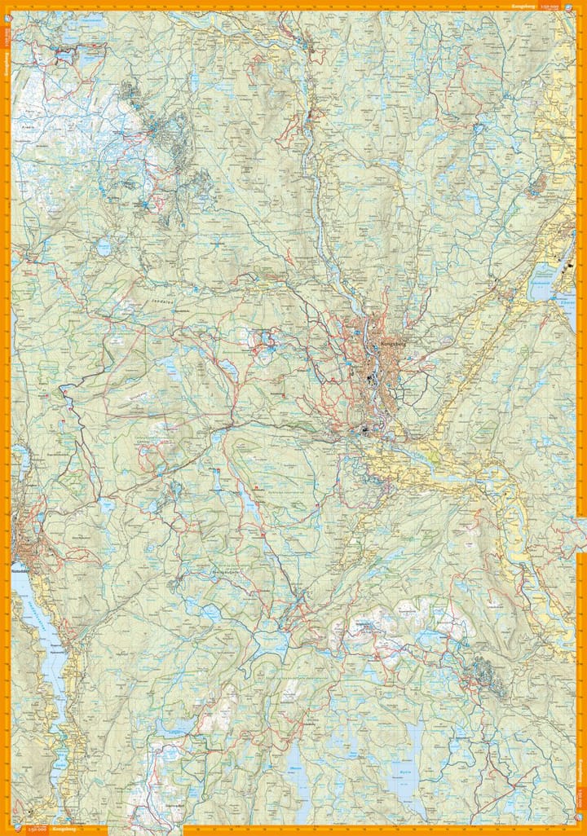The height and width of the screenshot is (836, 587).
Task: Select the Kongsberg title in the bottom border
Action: tap(61, 830)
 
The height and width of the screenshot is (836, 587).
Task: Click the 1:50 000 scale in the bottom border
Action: tap(35, 830)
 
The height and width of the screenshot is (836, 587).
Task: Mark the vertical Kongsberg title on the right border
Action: tap(580, 770)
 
